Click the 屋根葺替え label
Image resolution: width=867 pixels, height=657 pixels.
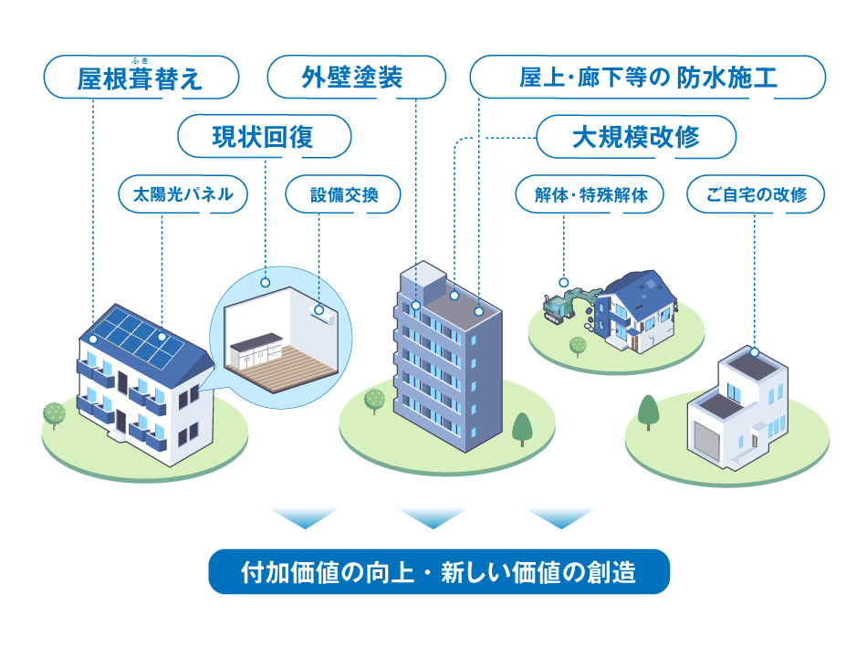point(141,78)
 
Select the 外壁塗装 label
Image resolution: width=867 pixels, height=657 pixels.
point(356,78)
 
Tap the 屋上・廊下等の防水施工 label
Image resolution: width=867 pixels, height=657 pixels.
point(647,78)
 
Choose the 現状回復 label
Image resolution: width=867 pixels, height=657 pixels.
point(264,137)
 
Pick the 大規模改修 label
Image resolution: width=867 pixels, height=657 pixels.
point(635,137)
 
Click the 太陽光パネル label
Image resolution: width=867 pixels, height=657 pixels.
point(183,194)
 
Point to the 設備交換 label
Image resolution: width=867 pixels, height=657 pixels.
point(343,194)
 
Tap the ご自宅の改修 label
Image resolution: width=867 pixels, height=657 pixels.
point(757,194)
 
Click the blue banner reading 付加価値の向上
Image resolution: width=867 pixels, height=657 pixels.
point(439,572)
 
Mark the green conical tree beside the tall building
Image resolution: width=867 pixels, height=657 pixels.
point(522,427)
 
